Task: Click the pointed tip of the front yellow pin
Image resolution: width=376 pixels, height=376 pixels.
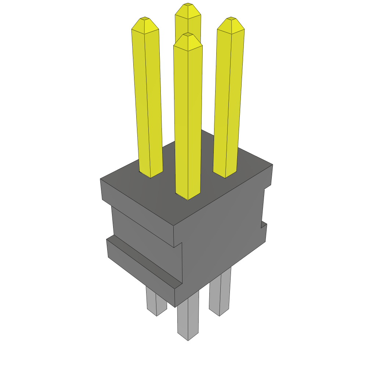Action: [188, 34]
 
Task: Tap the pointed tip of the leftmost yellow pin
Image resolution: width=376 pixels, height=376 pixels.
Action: [145, 18]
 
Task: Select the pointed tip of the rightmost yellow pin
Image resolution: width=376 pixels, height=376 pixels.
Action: [231, 18]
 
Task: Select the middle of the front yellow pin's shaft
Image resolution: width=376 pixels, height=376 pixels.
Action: [188, 117]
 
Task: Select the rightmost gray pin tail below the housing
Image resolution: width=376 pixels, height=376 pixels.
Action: [220, 294]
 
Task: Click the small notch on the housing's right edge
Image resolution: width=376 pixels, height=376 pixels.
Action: [264, 224]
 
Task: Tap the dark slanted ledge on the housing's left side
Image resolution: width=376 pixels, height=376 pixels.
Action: [143, 261]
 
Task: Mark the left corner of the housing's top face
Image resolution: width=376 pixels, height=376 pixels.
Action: [101, 179]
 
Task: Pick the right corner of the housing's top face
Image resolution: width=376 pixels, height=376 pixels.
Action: [272, 164]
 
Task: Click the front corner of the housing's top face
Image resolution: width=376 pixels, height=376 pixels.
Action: [173, 225]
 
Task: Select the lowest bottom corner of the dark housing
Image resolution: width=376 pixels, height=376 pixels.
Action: [175, 307]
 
